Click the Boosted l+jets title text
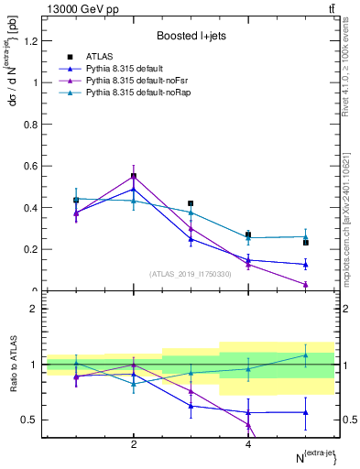(191, 37)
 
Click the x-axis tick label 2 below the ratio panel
(134, 444)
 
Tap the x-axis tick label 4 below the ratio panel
(248, 444)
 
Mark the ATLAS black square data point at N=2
(134, 176)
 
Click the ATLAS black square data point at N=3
(191, 203)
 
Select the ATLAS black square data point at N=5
(306, 243)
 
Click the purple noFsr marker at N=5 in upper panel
(306, 285)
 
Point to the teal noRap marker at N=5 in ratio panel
(306, 354)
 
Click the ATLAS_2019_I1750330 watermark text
(191, 274)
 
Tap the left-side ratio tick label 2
(35, 309)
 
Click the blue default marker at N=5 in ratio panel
(306, 412)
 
